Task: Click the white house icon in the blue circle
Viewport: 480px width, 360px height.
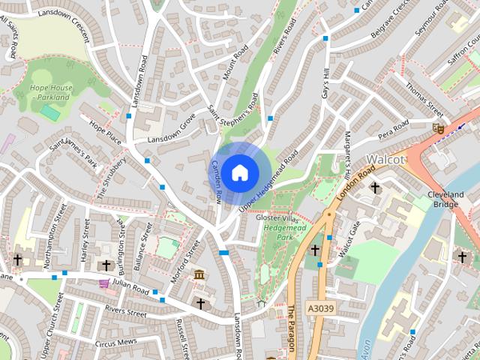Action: tap(239, 173)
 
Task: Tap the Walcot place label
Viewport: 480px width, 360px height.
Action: tap(385, 159)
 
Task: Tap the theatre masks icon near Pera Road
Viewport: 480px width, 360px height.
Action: tap(438, 128)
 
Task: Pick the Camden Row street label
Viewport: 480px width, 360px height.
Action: tap(217, 182)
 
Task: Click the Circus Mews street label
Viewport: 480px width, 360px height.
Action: tap(116, 343)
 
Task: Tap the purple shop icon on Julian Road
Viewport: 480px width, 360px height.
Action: tap(103, 283)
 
